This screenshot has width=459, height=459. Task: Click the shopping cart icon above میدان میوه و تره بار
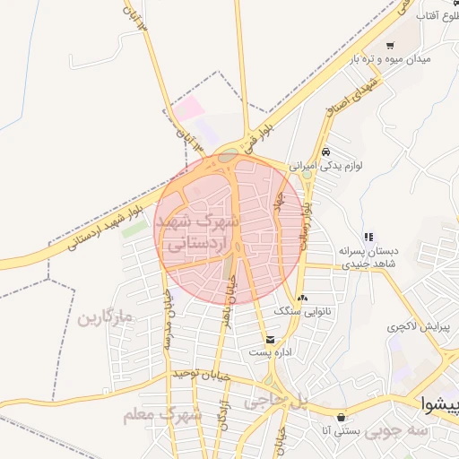[x=390, y=45]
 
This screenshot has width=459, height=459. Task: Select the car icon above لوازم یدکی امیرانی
[x=325, y=152]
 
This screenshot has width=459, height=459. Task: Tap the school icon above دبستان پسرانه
[x=368, y=237]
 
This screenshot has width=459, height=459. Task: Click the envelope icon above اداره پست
[x=271, y=340]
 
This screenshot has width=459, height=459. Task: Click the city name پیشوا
[x=440, y=404]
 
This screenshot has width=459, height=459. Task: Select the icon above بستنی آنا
[x=341, y=418]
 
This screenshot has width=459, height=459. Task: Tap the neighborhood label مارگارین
[x=104, y=318]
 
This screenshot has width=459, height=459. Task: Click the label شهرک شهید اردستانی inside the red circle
[x=197, y=230]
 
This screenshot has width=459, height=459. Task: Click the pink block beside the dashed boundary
[x=189, y=110]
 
